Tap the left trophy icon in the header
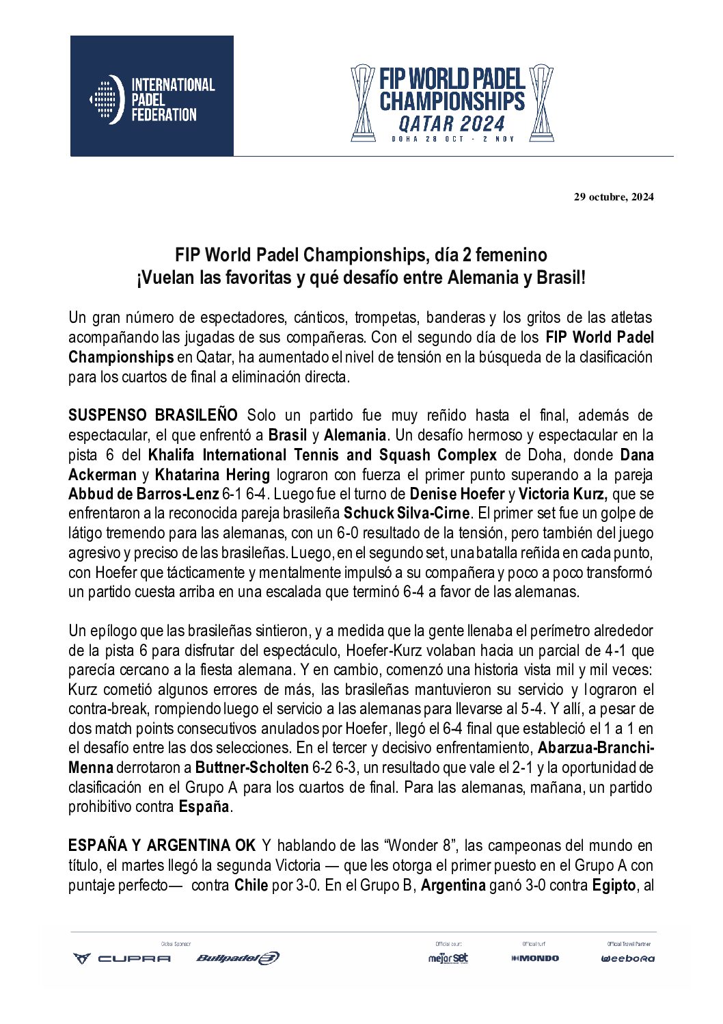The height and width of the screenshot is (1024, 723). [x=362, y=103]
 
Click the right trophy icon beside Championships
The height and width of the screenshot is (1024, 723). [x=541, y=103]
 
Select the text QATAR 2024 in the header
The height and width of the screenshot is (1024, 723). [x=451, y=124]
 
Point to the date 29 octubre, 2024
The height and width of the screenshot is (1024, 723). [x=613, y=197]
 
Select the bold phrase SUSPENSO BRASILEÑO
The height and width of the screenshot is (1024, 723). [x=153, y=415]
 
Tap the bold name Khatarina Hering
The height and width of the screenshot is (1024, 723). [x=213, y=475]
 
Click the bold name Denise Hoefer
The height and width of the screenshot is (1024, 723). [x=457, y=494]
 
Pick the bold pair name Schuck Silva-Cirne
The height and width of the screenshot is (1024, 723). [x=406, y=514]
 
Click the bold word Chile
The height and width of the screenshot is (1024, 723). [x=251, y=885]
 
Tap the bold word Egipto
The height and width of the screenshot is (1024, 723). [x=614, y=885]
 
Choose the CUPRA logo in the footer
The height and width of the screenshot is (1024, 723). [x=122, y=958]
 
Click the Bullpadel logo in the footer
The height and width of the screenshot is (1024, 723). [x=237, y=958]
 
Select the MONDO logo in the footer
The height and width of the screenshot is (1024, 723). [x=535, y=958]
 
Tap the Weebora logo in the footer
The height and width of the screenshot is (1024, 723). [x=627, y=958]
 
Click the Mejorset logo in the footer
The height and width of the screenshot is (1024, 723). [x=448, y=958]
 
